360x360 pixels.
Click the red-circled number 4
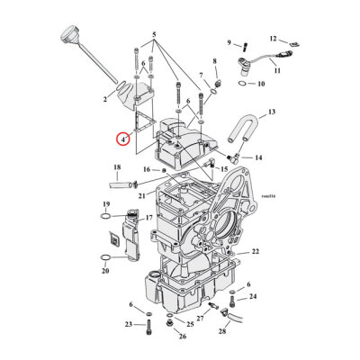point(121,139)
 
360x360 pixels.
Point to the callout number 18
point(117,167)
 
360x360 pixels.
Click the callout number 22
point(256,251)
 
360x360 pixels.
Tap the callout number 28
point(221,344)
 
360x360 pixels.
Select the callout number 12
point(274,39)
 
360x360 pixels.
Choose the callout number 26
point(182,337)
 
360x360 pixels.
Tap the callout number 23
point(129,324)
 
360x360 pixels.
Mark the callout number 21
point(141,196)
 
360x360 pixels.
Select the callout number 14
point(258,157)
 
